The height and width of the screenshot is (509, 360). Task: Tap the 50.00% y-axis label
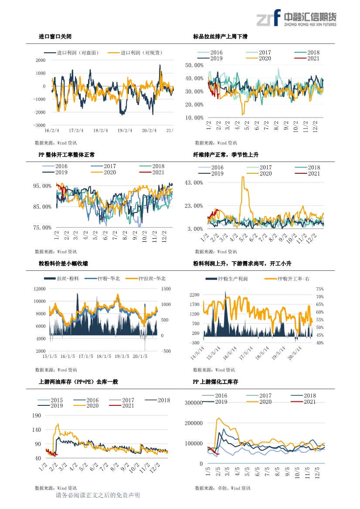point(194,65)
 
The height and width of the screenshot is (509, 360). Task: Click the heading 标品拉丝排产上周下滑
point(221,37)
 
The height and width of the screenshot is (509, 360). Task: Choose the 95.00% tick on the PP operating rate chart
point(43,186)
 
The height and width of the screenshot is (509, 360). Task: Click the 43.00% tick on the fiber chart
point(194,183)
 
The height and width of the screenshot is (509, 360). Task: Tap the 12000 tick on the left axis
point(40,289)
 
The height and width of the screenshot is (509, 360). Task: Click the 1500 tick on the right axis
point(166,289)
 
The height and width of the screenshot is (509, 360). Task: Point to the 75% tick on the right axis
point(320,289)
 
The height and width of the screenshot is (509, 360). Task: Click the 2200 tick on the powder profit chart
point(194,295)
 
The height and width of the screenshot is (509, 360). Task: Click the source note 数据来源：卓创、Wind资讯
point(222,488)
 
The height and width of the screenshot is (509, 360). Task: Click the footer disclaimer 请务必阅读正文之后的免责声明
point(98,496)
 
